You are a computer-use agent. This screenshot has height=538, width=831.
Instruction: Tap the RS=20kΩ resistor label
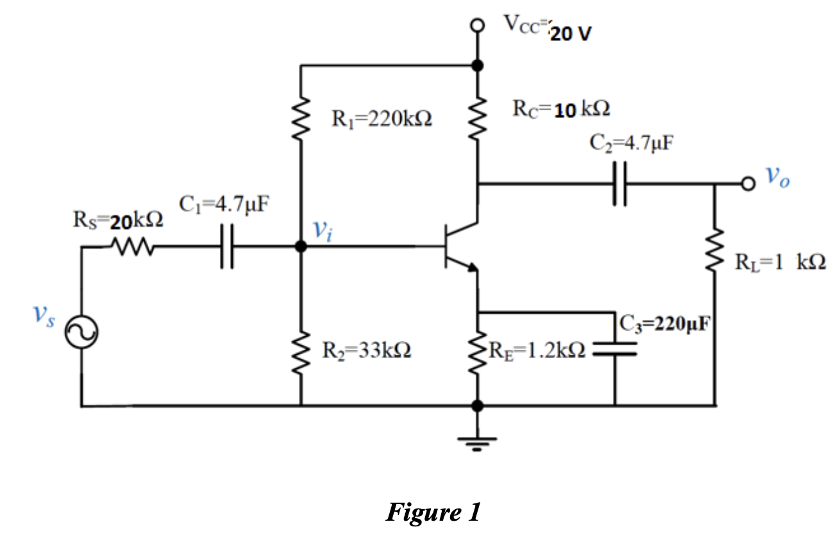[x=119, y=222]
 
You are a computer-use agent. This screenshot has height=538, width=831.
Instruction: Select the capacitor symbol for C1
[x=226, y=247]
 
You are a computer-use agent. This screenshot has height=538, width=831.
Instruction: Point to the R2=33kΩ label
[x=367, y=350]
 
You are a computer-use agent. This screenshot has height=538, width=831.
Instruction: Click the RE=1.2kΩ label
[x=537, y=350]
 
